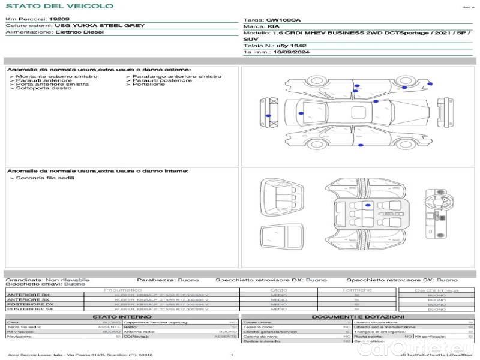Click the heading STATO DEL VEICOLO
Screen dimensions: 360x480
tap(59, 6)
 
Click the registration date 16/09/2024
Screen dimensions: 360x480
tap(288, 52)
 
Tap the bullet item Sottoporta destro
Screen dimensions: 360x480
tap(44, 88)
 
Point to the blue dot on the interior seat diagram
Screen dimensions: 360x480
tap(368, 205)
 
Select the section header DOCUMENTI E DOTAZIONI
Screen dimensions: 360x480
tap(358, 317)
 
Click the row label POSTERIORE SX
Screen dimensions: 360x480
tap(29, 310)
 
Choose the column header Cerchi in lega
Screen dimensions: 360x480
tap(436, 290)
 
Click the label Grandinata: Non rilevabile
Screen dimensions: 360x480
tap(47, 280)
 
